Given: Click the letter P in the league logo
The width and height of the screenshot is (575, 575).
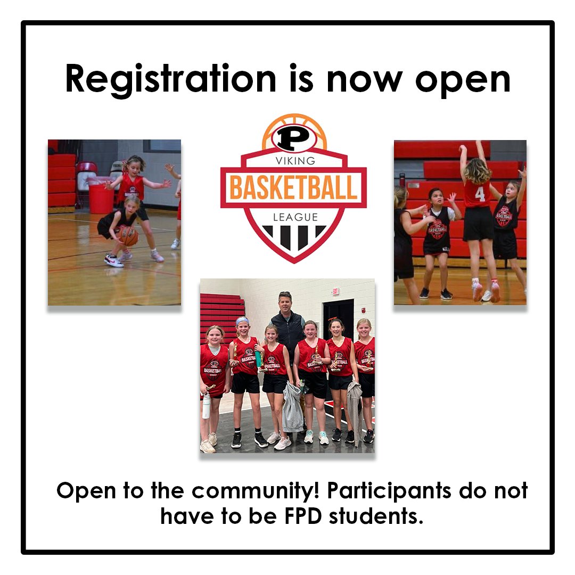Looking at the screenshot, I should (x=293, y=138).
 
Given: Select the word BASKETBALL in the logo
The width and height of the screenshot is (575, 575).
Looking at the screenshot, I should (x=293, y=187).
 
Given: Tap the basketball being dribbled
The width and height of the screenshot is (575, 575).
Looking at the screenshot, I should (x=128, y=235).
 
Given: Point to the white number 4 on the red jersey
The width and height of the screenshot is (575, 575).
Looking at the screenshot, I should (x=480, y=194).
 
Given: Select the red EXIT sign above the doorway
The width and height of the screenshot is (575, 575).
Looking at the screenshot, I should (x=335, y=291).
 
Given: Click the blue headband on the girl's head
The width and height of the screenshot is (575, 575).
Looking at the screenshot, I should (x=243, y=321).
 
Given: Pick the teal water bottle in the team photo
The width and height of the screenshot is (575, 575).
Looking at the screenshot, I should (x=259, y=358).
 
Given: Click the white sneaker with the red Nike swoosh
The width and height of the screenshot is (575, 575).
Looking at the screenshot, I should (x=113, y=260).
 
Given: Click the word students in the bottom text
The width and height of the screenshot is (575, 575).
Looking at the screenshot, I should (x=376, y=516).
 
